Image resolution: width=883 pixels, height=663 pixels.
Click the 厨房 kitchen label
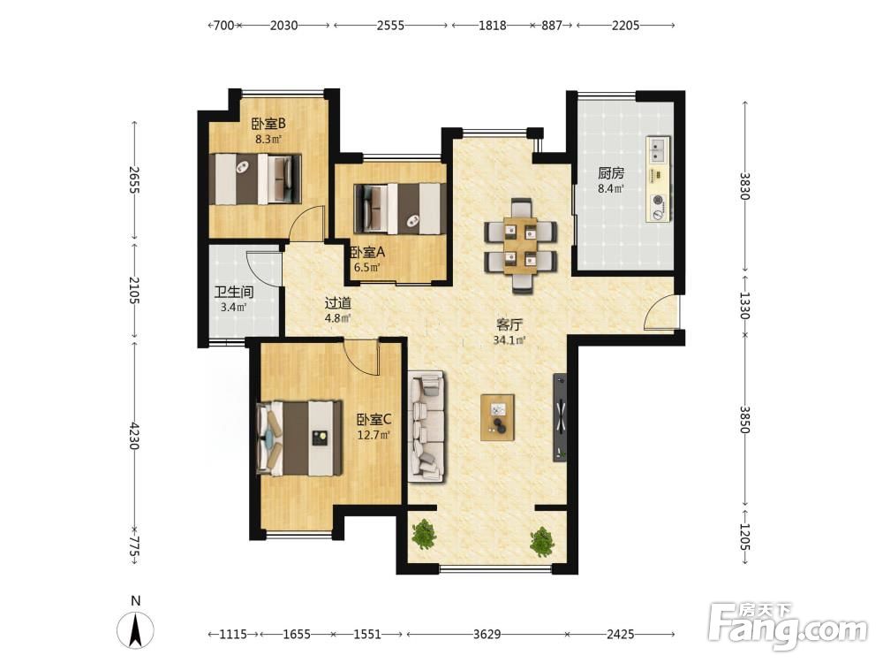point(611,173)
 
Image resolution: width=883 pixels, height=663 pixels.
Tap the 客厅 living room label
point(509,324)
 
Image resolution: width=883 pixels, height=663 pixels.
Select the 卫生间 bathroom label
point(234,292)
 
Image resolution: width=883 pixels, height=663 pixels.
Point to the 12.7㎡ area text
point(374,435)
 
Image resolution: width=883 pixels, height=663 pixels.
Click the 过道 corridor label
point(338,303)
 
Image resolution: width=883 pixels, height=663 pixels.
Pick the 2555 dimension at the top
point(391,25)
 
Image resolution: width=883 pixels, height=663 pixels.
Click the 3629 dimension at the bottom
point(487,634)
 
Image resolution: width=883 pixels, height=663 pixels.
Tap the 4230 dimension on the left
point(133,435)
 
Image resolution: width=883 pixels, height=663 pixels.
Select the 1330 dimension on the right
point(744,305)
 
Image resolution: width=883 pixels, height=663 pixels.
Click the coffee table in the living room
point(497,417)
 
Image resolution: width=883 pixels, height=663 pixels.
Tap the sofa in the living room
point(426,427)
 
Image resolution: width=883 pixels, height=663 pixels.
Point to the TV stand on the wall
point(561,417)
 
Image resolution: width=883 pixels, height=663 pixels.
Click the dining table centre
point(521,245)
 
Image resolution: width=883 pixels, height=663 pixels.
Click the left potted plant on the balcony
point(424,535)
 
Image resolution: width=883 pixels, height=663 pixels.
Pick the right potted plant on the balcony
point(542,540)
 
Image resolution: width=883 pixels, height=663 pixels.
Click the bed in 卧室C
point(299,438)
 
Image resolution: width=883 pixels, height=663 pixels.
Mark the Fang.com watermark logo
point(788,625)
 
